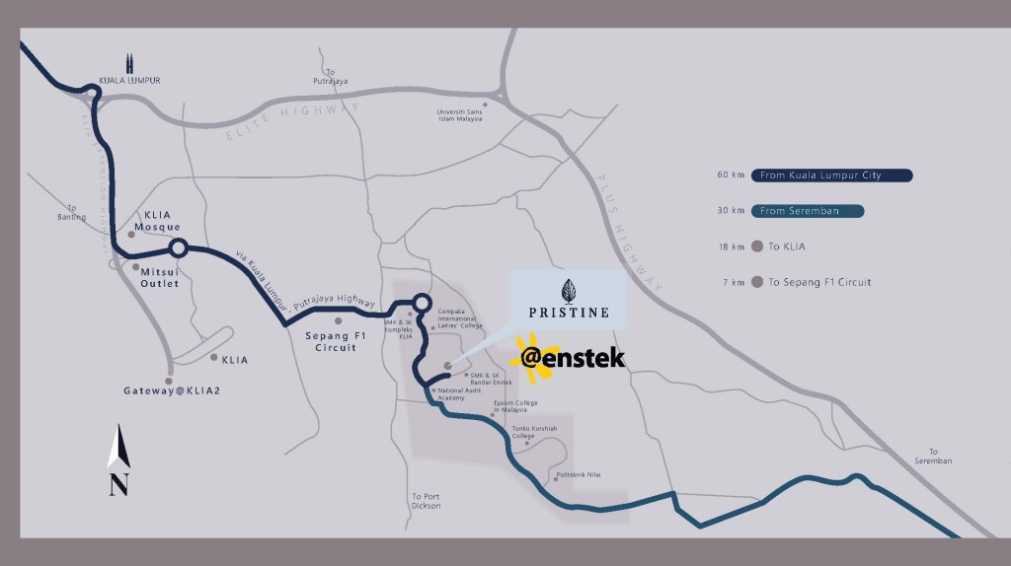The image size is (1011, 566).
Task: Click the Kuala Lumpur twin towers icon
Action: pyautogui.click(x=129, y=63)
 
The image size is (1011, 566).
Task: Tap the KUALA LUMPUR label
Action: pyautogui.click(x=129, y=80)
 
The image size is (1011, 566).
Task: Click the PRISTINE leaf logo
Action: pyautogui.click(x=567, y=291)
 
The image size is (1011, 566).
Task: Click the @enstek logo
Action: pyautogui.click(x=574, y=357)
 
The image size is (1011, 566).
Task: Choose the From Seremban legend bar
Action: pyautogui.click(x=808, y=211)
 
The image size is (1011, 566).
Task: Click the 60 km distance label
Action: pyautogui.click(x=730, y=176)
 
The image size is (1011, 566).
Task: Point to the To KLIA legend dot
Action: pyautogui.click(x=757, y=247)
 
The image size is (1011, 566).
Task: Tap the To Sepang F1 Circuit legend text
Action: pyautogui.click(x=819, y=283)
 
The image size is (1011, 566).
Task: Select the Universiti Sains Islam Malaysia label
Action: pyautogui.click(x=464, y=116)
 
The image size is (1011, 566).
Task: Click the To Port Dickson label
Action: pyautogui.click(x=427, y=501)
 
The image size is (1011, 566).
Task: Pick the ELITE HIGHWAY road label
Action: pyautogui.click(x=294, y=115)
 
